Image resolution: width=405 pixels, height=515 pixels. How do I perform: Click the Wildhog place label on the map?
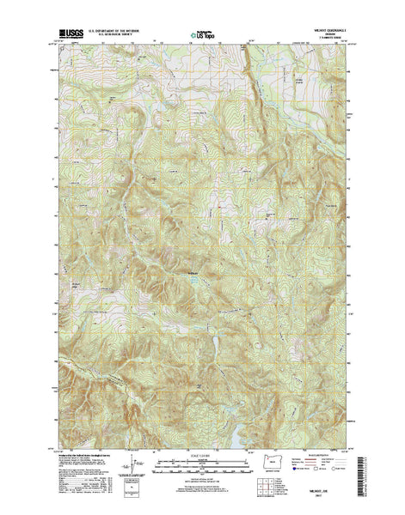[x=193, y=273]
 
